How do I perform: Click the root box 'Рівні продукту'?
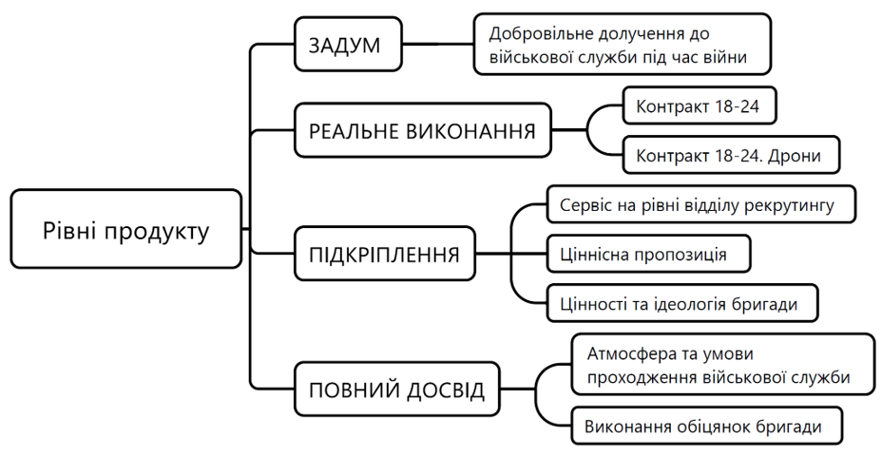(x=126, y=229)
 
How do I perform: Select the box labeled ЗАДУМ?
(x=348, y=45)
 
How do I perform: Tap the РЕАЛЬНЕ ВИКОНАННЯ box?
(x=422, y=130)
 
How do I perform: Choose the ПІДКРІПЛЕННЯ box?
(x=385, y=255)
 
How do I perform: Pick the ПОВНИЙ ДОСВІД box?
(x=397, y=389)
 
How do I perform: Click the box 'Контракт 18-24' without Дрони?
(x=700, y=105)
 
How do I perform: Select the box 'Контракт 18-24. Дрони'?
(x=731, y=155)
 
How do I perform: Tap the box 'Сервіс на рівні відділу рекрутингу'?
(x=700, y=204)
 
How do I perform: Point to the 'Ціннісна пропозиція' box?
(x=648, y=254)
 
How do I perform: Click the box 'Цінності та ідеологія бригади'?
(x=682, y=304)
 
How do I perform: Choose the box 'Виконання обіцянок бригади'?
(x=706, y=426)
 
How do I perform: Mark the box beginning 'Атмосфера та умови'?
(x=723, y=365)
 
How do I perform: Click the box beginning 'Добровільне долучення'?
(x=623, y=45)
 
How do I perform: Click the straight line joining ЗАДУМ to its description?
(x=438, y=44)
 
